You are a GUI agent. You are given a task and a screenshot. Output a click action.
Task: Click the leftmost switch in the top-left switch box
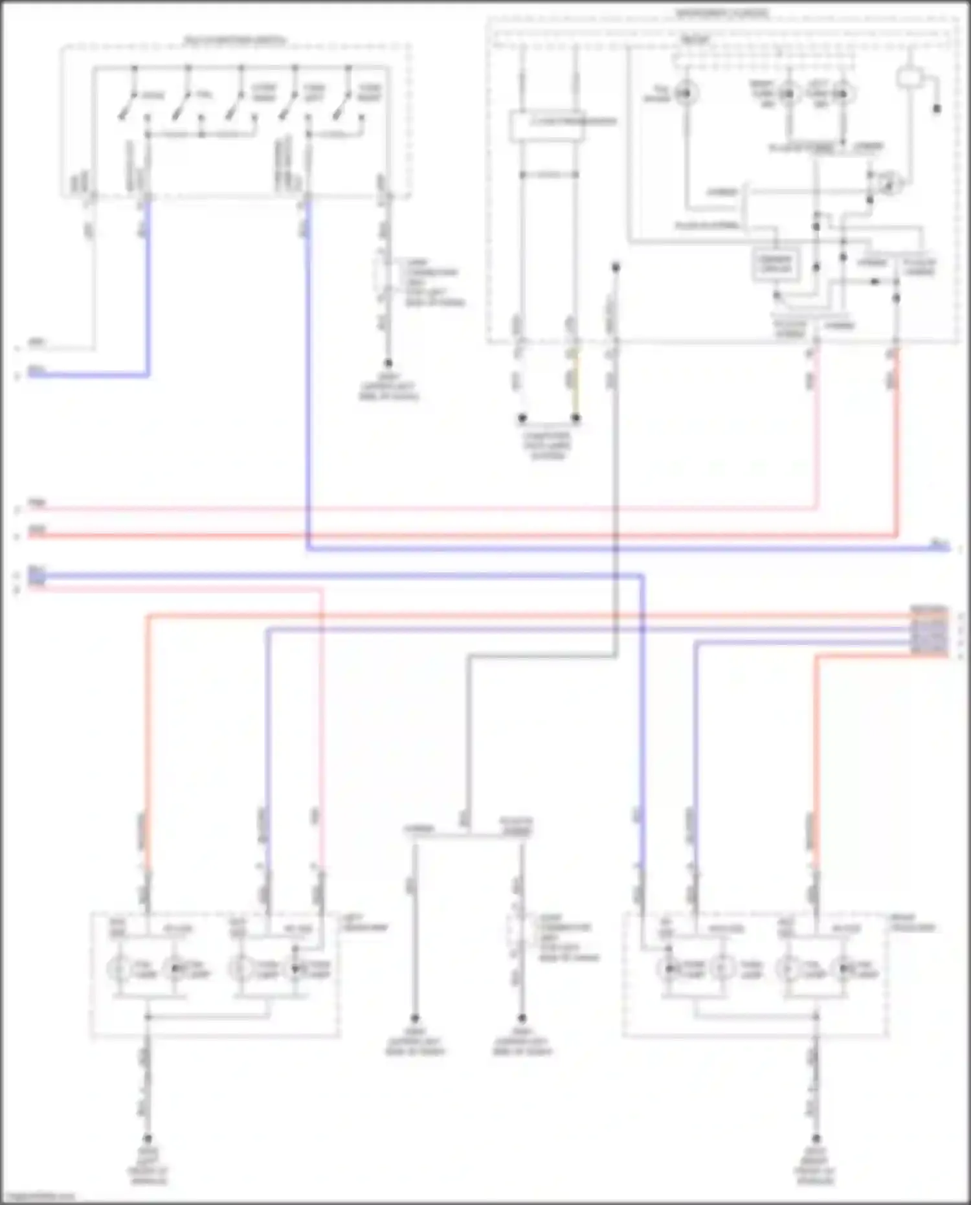tap(127, 104)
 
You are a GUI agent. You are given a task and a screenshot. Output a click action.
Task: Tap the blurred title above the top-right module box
tap(722, 13)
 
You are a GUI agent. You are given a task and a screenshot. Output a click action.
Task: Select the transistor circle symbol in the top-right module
tap(890, 184)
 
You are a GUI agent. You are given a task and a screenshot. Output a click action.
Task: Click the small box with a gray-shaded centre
tap(775, 264)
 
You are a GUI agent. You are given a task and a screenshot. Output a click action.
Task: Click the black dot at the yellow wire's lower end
tap(575, 418)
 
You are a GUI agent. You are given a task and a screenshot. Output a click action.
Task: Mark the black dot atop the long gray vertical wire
tap(616, 267)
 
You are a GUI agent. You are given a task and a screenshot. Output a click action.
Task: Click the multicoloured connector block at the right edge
tap(930, 631)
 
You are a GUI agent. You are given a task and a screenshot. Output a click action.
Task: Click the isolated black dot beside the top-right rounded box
tap(937, 108)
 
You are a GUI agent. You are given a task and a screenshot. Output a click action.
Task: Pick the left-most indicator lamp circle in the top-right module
tap(686, 94)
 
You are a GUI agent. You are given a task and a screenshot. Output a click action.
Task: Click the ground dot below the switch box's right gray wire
tap(388, 363)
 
